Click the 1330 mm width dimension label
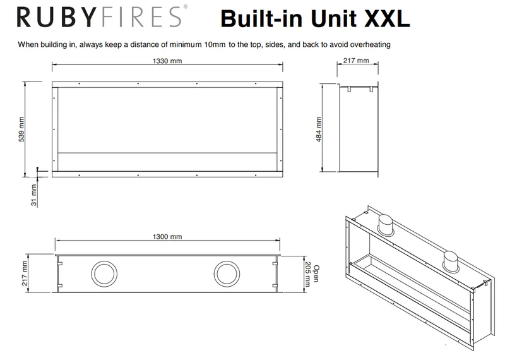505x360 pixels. tap(167, 61)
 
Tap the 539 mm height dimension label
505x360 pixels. tap(21, 129)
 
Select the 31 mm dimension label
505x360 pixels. tap(34, 195)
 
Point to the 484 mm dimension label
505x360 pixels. tap(319, 129)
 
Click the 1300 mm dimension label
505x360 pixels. tap(167, 237)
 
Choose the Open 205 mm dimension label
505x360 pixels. tap(311, 273)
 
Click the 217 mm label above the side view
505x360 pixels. tap(356, 60)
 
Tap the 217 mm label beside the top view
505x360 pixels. tap(25, 273)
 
